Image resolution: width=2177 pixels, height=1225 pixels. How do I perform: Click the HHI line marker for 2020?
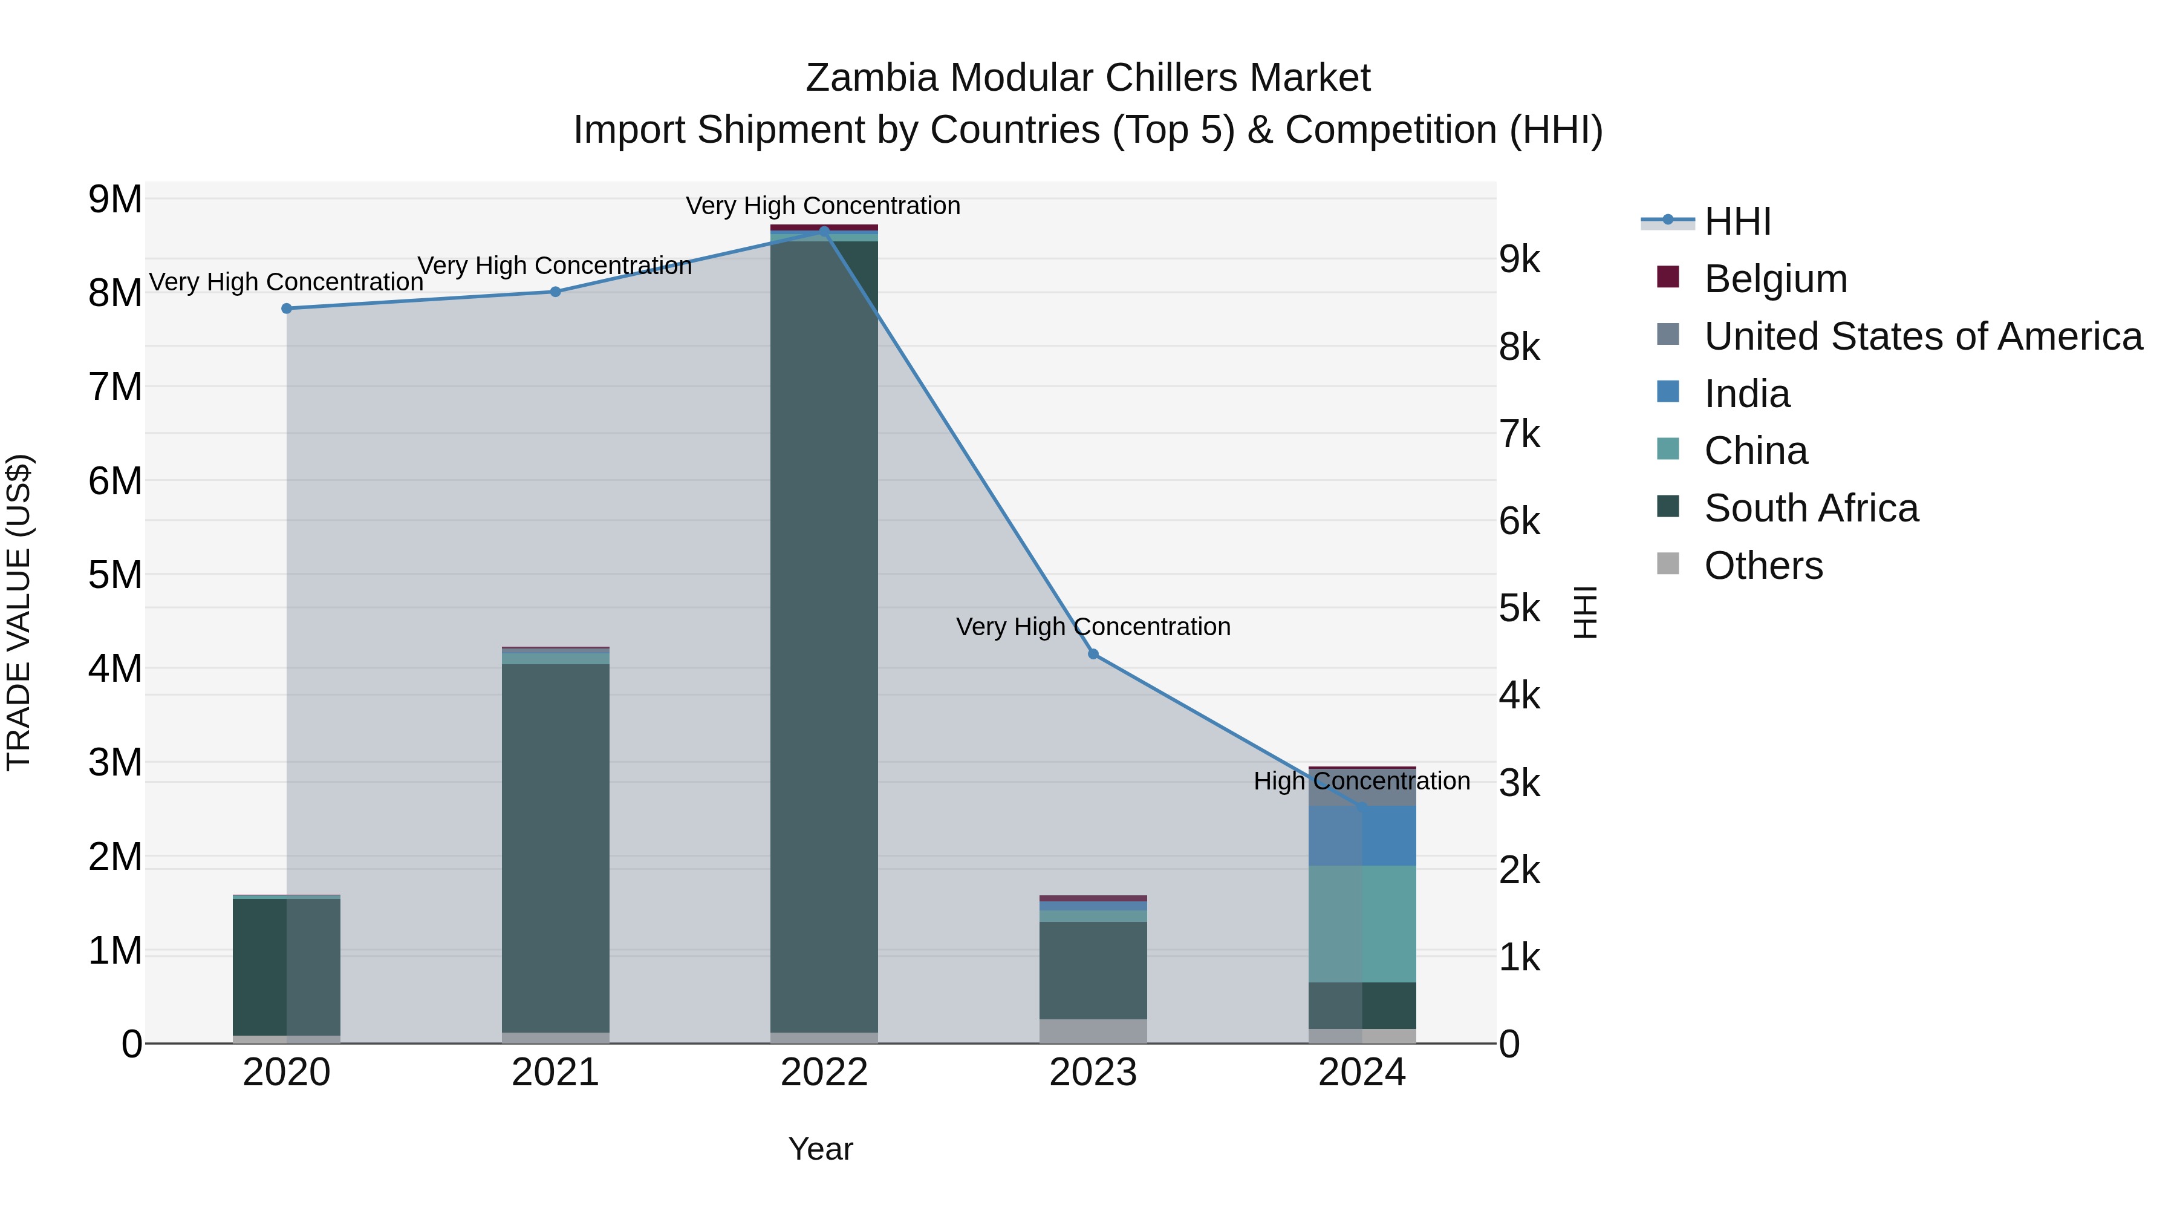(287, 309)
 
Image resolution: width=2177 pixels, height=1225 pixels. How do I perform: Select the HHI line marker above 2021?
(555, 292)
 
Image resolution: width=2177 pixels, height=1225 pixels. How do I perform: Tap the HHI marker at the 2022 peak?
(825, 231)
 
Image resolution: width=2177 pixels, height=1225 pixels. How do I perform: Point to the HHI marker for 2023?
(1093, 655)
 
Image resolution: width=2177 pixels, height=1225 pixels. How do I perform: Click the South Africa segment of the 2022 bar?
(824, 634)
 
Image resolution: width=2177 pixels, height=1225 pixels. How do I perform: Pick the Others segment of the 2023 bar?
(1093, 1031)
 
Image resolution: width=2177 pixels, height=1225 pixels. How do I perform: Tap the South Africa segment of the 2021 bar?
(555, 846)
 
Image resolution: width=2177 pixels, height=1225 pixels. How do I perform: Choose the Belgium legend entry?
(1775, 279)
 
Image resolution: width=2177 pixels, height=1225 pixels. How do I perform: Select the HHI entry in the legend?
(1737, 221)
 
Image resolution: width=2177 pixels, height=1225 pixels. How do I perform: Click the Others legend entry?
(1763, 566)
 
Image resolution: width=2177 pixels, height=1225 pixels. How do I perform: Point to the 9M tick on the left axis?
(115, 200)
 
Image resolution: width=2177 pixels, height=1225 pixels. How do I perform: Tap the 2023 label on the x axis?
(1093, 1073)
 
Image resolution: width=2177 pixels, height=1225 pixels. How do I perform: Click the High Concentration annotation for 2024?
(1361, 780)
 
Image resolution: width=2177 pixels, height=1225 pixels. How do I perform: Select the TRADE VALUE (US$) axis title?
(19, 612)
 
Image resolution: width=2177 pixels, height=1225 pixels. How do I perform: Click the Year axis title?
(821, 1149)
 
